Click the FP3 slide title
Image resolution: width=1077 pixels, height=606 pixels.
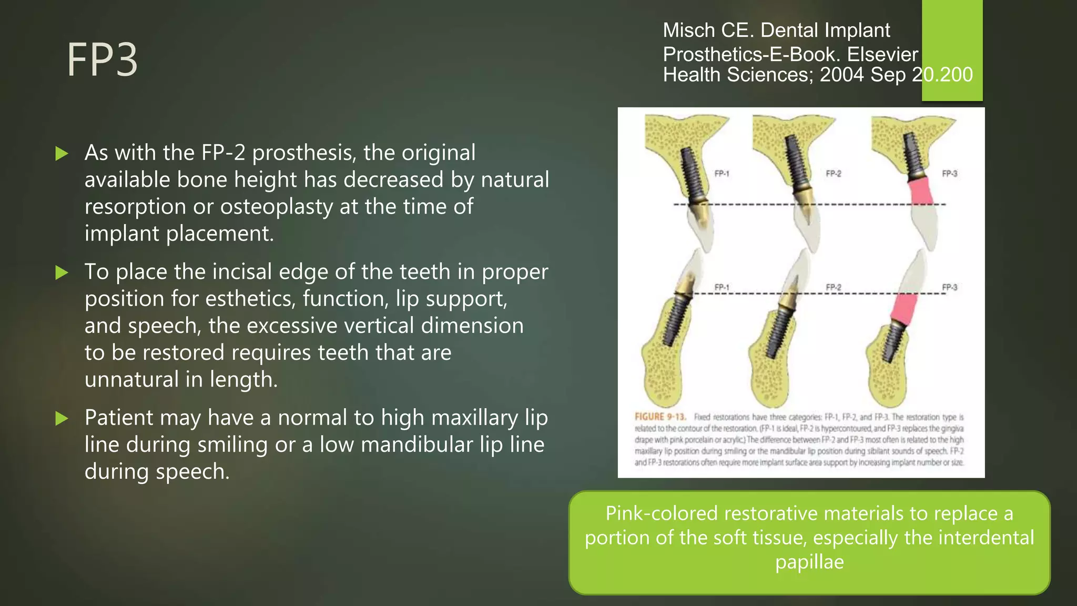(102, 60)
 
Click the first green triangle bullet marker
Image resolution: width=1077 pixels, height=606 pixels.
(62, 154)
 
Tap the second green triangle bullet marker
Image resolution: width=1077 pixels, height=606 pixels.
(62, 272)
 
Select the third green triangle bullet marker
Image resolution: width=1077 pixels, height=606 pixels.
(62, 419)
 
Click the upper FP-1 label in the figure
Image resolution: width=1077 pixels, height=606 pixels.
(722, 174)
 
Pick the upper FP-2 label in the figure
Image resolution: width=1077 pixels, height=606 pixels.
(833, 174)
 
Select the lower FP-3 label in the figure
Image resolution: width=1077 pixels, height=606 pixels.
(949, 287)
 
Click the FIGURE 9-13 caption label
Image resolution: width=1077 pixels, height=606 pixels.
(660, 417)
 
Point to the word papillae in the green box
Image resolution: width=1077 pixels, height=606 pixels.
(809, 562)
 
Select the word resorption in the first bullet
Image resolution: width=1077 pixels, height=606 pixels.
(135, 207)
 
